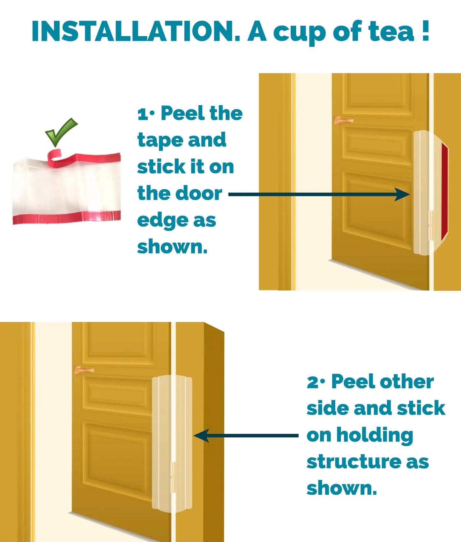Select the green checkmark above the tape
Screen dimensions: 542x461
click(61, 132)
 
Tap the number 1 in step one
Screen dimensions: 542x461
click(142, 114)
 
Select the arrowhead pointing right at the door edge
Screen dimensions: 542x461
click(403, 194)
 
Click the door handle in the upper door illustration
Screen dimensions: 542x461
click(343, 121)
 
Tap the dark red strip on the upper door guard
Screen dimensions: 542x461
click(444, 191)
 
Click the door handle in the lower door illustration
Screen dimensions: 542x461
click(84, 370)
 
